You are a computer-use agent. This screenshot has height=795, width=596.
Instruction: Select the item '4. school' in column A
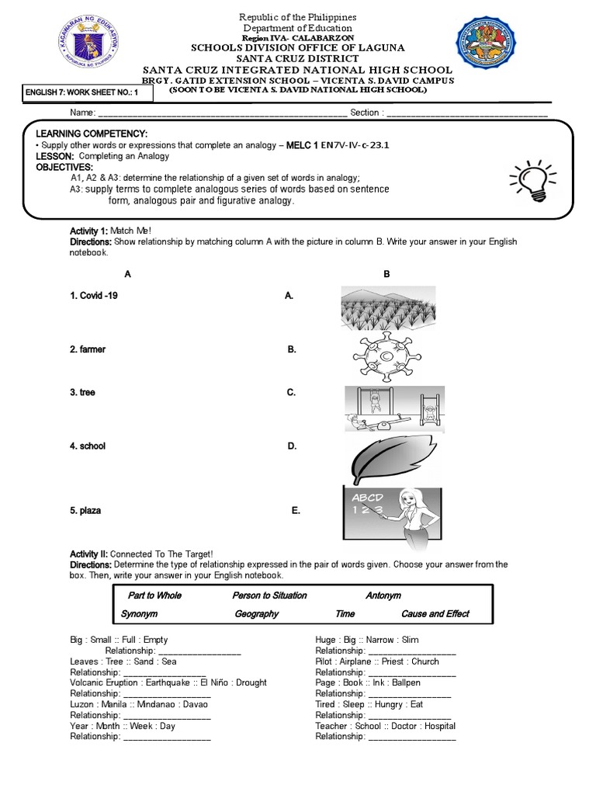[87, 446]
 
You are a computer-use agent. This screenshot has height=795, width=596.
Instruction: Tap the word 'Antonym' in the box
[383, 595]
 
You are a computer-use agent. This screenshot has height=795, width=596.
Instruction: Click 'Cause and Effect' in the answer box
[435, 614]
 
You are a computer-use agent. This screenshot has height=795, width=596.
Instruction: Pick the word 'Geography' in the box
[256, 614]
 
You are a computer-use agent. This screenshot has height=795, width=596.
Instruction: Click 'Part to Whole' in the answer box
[154, 595]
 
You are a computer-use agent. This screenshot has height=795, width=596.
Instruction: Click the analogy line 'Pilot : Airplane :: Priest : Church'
[377, 661]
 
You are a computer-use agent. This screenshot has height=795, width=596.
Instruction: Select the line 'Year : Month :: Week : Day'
[123, 726]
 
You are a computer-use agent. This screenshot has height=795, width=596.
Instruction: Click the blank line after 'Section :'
[466, 113]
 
